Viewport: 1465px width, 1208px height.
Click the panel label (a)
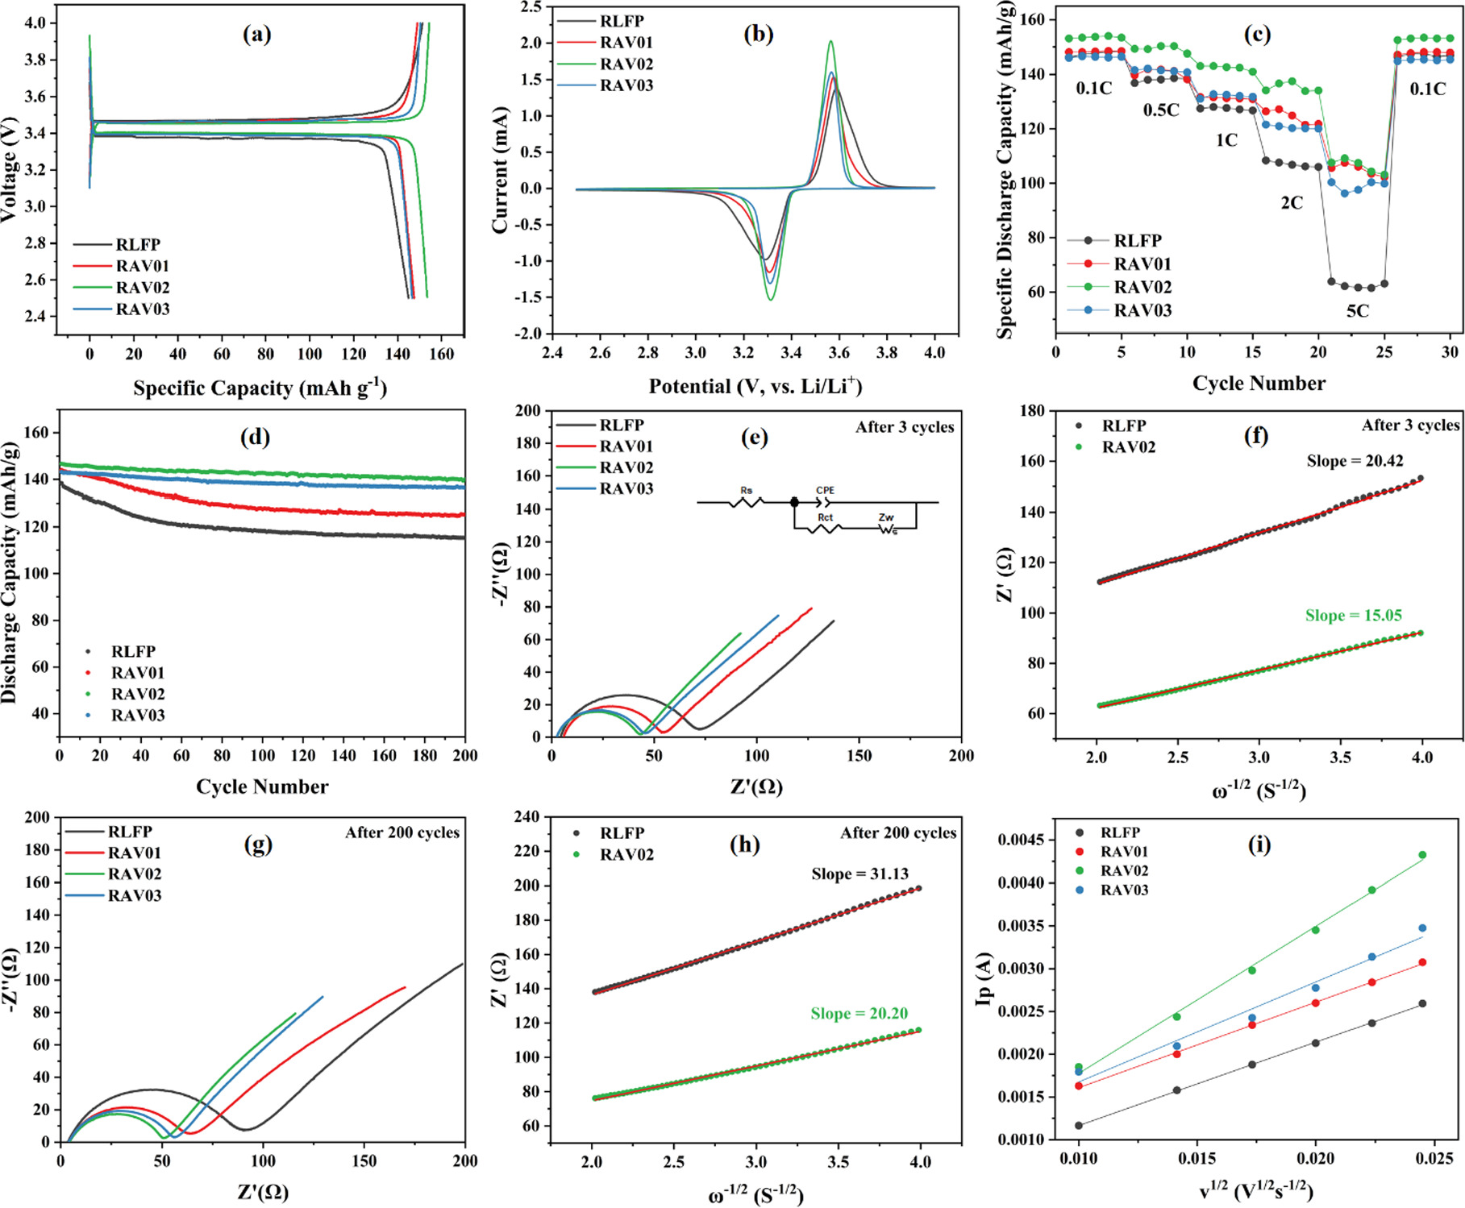[x=257, y=34]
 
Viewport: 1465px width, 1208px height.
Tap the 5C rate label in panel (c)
[x=1358, y=311]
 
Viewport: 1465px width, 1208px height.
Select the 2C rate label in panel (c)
[x=1292, y=203]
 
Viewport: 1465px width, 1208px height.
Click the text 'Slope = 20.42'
[x=1355, y=461]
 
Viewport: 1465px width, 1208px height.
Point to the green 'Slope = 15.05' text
[x=1354, y=616]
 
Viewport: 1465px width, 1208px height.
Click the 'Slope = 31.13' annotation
[x=859, y=874]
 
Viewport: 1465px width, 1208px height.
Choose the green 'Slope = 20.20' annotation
[x=859, y=1014]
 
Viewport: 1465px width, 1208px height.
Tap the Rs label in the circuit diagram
[x=746, y=490]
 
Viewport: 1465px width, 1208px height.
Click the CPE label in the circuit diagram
[x=825, y=490]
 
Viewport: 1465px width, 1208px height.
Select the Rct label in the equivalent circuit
[x=825, y=517]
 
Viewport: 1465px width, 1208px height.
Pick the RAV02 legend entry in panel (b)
[x=626, y=64]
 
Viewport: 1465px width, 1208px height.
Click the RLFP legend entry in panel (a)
[x=138, y=244]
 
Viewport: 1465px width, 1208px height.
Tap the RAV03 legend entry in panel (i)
[x=1124, y=890]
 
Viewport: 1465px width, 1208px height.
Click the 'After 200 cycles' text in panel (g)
[x=402, y=832]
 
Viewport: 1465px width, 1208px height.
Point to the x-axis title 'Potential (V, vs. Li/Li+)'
[x=755, y=387]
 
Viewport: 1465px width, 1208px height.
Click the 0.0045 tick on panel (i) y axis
[x=1023, y=841]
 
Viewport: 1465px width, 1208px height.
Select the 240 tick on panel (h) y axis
[x=527, y=816]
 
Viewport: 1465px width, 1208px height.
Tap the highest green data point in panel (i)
[x=1422, y=855]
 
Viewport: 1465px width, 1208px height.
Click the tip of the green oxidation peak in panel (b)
[x=830, y=41]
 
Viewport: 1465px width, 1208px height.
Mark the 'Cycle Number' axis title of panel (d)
[x=262, y=787]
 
